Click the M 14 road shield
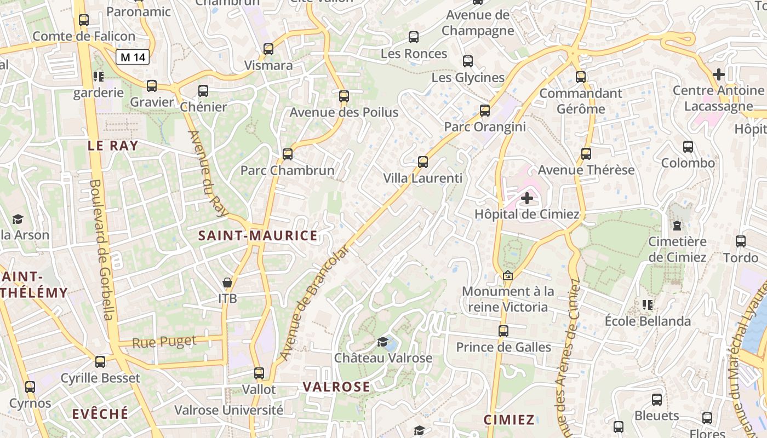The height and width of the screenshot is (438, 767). click(x=133, y=56)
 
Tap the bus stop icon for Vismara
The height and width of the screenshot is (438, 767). click(x=268, y=49)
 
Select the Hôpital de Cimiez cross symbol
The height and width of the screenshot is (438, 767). click(x=527, y=198)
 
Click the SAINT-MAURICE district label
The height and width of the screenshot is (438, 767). click(x=257, y=236)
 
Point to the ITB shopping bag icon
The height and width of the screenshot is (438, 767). click(x=227, y=283)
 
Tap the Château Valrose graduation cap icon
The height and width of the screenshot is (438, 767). click(x=382, y=342)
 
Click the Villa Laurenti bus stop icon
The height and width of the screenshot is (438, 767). click(x=422, y=162)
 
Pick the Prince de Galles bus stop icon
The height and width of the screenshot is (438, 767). click(x=503, y=331)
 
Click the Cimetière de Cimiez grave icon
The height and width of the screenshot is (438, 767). click(x=677, y=226)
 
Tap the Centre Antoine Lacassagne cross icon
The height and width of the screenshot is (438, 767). click(x=719, y=74)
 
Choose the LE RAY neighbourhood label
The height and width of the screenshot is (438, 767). click(x=113, y=146)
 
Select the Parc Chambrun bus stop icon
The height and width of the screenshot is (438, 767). click(x=288, y=154)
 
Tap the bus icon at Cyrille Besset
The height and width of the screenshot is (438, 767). click(x=100, y=362)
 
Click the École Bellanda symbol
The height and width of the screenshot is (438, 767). click(x=648, y=304)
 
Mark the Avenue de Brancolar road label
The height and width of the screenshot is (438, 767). click(x=314, y=303)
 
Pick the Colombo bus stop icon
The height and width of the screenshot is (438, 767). click(x=688, y=147)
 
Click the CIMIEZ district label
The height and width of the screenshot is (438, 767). click(x=509, y=420)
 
